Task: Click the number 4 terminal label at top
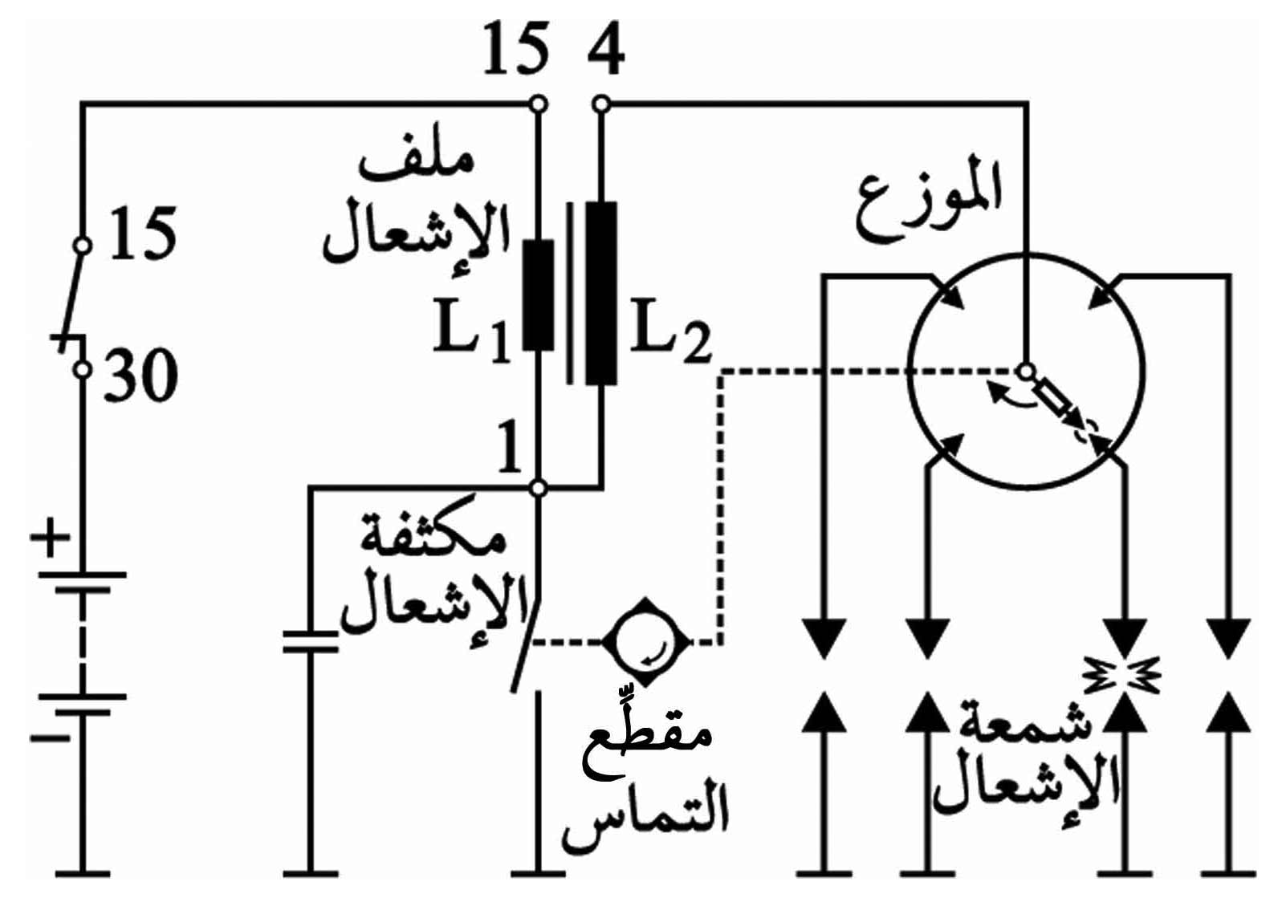(606, 52)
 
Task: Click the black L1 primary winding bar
(539, 295)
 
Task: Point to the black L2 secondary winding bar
(601, 293)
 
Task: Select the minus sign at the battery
(50, 737)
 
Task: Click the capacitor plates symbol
(311, 642)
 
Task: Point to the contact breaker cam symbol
(646, 642)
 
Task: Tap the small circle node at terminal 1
(538, 488)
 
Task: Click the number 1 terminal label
(509, 448)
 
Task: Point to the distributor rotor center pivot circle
(1027, 372)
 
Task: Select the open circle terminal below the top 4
(600, 104)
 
